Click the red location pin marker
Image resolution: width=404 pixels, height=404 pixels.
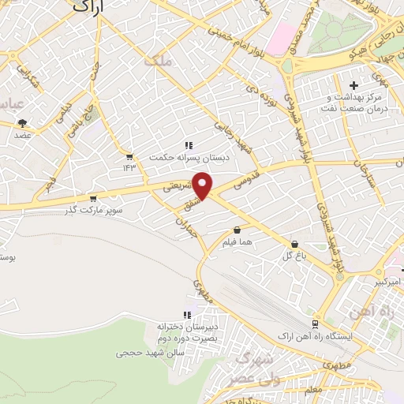204,185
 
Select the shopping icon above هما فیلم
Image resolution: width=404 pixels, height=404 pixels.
237,230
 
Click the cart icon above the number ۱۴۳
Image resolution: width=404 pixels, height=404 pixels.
129,156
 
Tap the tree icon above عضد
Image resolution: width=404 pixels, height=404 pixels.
22,123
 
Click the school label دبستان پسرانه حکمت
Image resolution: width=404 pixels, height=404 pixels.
189,157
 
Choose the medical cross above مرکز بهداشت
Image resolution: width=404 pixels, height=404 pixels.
353,84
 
